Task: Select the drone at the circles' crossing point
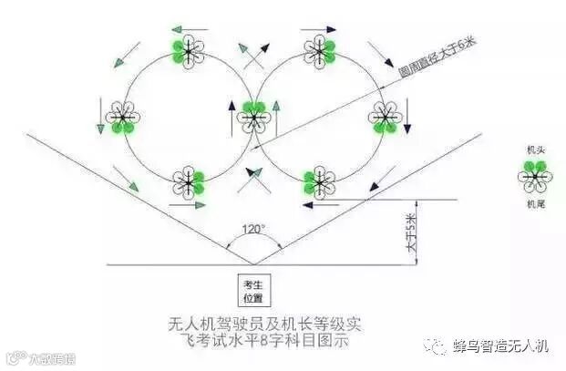[x=252, y=116]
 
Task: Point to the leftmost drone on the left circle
[x=122, y=116]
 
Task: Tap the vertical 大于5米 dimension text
[x=410, y=232]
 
